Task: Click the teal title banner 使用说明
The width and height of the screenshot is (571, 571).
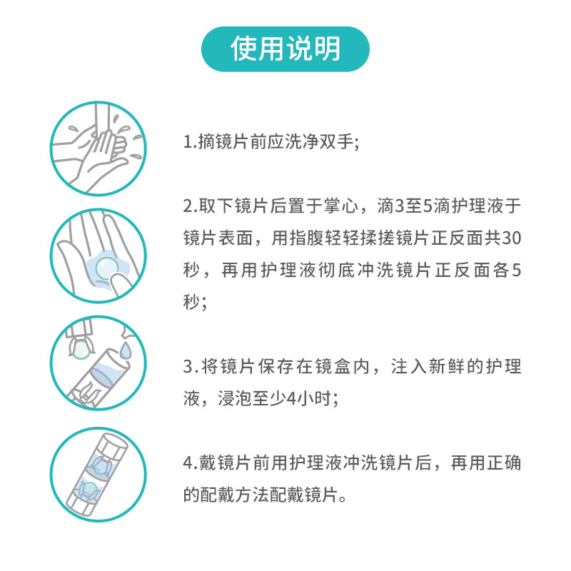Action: pos(285,49)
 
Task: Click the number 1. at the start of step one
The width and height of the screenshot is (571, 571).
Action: pos(189,142)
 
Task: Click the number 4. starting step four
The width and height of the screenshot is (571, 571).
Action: pos(189,464)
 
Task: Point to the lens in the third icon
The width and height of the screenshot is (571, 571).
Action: pos(81,349)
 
